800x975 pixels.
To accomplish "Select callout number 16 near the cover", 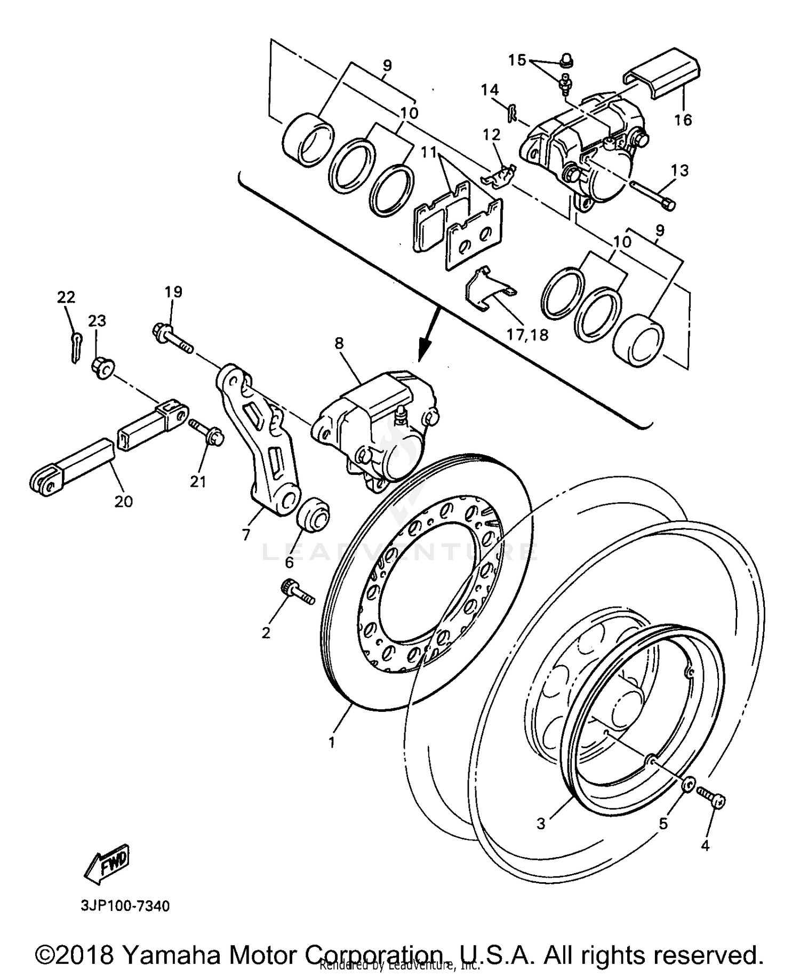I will coord(683,120).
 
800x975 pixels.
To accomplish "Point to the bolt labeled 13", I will coord(653,195).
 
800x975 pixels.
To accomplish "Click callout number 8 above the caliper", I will coord(339,344).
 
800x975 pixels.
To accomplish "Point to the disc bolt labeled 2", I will coord(297,592).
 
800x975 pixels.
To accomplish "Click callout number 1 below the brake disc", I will coord(331,742).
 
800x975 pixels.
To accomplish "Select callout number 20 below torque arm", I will coord(123,501).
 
